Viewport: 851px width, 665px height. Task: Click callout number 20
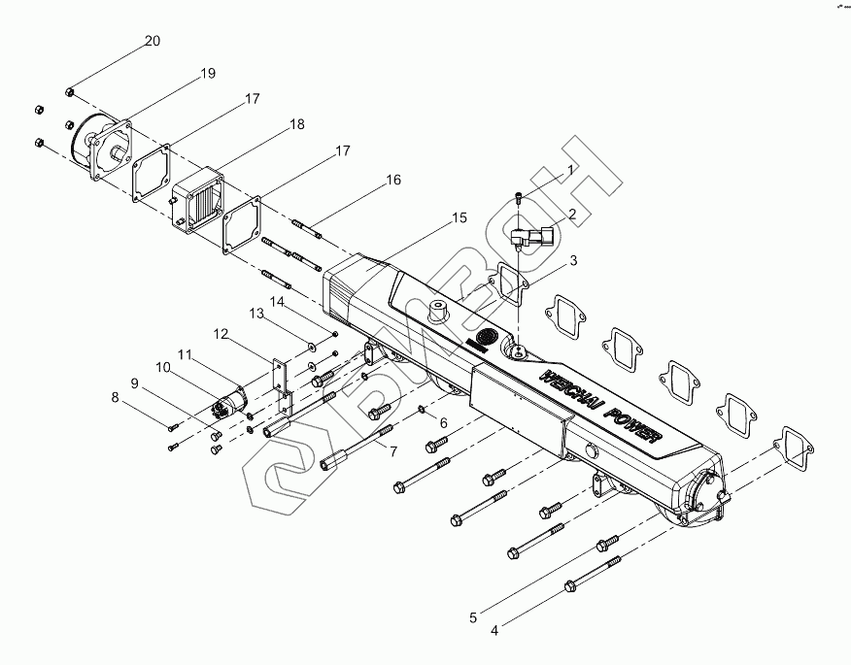153,41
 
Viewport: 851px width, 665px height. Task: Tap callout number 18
296,125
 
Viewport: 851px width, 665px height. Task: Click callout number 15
459,219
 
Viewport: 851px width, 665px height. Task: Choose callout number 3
573,260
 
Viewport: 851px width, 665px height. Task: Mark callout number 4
494,630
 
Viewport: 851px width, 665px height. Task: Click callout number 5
473,616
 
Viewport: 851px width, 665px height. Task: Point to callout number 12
221,334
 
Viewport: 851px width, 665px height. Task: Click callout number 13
256,314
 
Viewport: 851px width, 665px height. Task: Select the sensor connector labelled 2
535,239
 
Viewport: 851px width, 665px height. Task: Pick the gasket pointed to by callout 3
509,282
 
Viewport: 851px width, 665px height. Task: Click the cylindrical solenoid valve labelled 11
231,400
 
